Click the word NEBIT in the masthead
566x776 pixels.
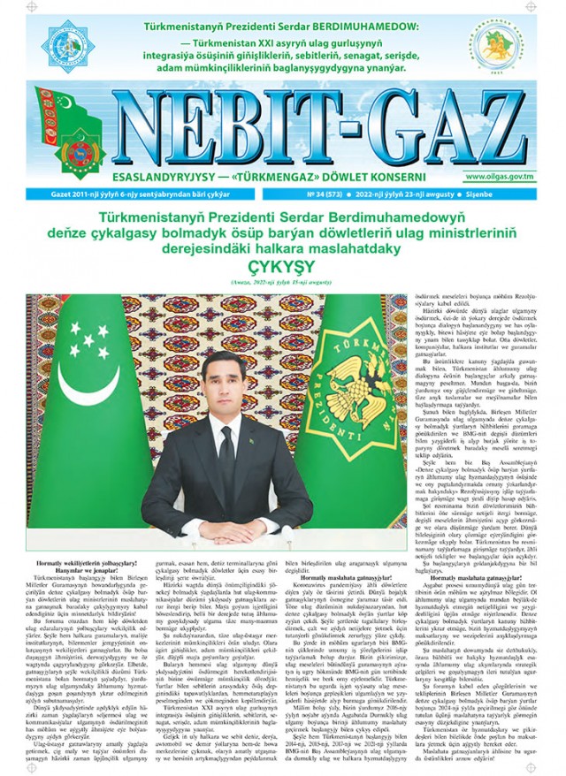tap(221, 132)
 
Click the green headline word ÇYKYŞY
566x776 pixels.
tap(282, 266)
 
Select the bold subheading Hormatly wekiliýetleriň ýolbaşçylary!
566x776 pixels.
tap(84, 563)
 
